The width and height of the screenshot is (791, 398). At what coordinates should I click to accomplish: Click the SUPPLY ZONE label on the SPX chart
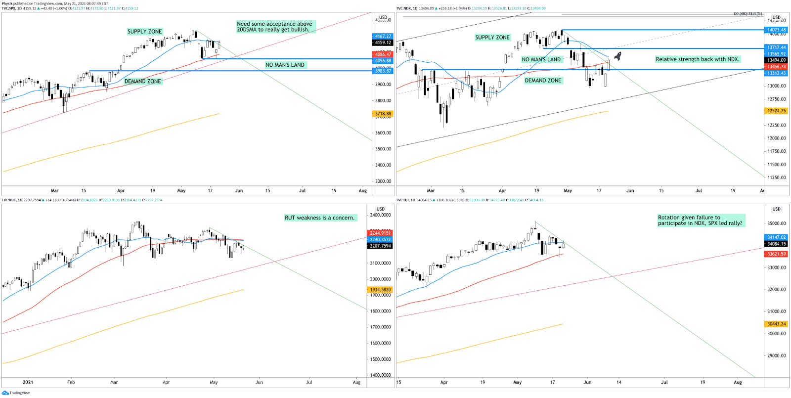pyautogui.click(x=144, y=32)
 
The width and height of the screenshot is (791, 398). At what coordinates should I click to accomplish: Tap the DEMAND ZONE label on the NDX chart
pyautogui.click(x=543, y=81)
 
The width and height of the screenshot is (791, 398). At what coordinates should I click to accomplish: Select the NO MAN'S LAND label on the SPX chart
pyautogui.click(x=285, y=65)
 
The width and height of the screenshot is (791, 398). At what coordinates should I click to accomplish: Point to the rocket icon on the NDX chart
pyautogui.click(x=617, y=56)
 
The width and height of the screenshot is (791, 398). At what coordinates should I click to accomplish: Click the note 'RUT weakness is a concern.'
pyautogui.click(x=319, y=218)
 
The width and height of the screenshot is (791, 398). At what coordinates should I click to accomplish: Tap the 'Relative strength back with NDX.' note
pyautogui.click(x=697, y=59)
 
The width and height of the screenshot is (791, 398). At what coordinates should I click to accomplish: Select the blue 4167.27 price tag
pyautogui.click(x=383, y=36)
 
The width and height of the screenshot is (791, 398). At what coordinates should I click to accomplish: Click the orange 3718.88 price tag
pyautogui.click(x=383, y=114)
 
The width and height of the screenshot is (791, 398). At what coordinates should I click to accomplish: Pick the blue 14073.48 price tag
pyautogui.click(x=776, y=30)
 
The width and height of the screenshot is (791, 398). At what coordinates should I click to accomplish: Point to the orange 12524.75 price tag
pyautogui.click(x=776, y=111)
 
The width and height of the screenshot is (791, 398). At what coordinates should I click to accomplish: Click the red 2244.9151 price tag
pyautogui.click(x=380, y=233)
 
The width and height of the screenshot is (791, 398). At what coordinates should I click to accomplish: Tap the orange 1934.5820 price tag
pyautogui.click(x=380, y=290)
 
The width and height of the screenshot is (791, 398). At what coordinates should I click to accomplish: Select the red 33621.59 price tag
pyautogui.click(x=776, y=254)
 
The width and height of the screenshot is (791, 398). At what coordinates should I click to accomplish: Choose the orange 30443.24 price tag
pyautogui.click(x=776, y=324)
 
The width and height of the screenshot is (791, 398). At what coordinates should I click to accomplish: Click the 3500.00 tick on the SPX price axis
pyautogui.click(x=383, y=149)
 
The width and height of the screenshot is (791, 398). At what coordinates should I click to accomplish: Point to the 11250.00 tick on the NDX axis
pyautogui.click(x=776, y=177)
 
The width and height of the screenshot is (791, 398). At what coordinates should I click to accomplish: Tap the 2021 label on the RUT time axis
pyautogui.click(x=28, y=382)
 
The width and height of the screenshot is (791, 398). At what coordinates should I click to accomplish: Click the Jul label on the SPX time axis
pyautogui.click(x=302, y=190)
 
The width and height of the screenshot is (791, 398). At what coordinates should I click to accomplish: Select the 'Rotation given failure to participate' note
pyautogui.click(x=700, y=220)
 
